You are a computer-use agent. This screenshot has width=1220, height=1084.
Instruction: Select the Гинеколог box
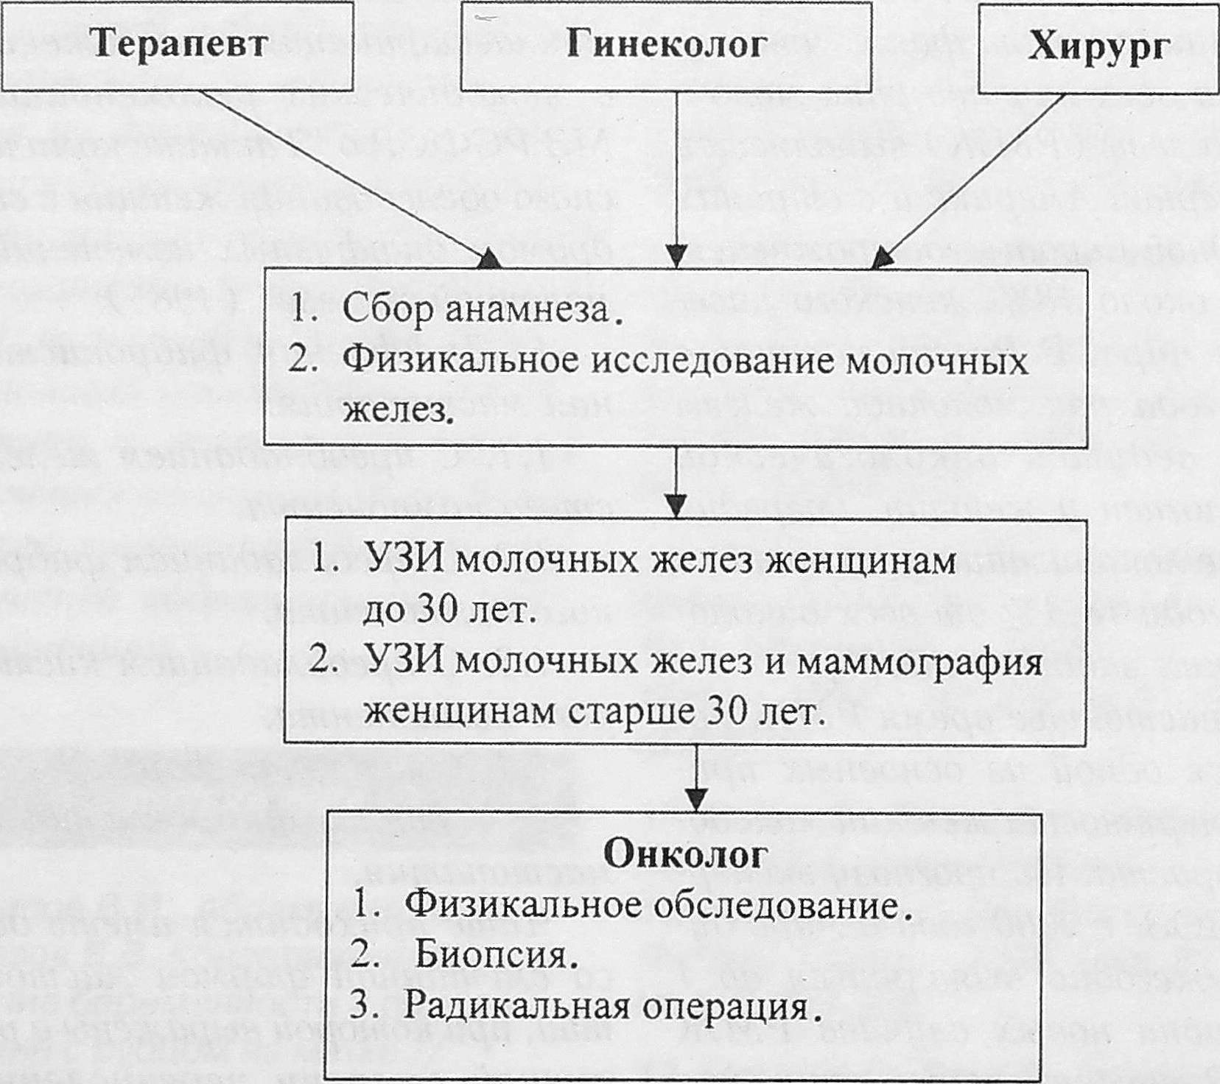pyautogui.click(x=666, y=46)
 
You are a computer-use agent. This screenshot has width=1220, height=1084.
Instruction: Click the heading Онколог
pyautogui.click(x=685, y=854)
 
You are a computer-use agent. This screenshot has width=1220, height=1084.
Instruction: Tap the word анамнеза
pyautogui.click(x=527, y=309)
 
